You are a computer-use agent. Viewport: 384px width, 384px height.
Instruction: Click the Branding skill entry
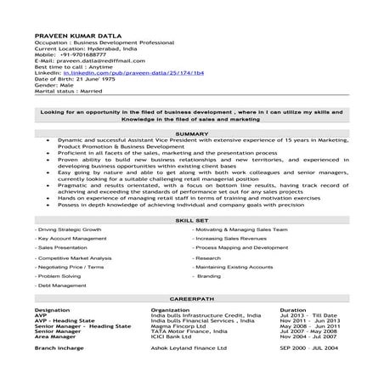(209, 276)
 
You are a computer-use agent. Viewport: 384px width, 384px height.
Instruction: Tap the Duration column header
(292, 311)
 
